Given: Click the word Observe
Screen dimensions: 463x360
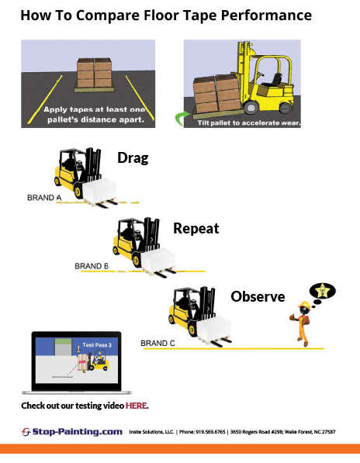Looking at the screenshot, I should [258, 296].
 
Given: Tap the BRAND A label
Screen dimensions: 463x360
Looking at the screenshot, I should [43, 198].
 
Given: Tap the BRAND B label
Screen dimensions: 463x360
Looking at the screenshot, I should [92, 266].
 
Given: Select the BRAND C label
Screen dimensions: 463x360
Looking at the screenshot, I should [157, 343].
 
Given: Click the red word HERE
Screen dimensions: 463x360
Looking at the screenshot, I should [136, 406].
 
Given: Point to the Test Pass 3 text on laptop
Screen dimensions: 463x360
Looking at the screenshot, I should [97, 344].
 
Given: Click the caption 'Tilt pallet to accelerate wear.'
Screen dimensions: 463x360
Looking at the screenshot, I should [247, 123].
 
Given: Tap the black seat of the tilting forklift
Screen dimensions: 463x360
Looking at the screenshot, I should [274, 81].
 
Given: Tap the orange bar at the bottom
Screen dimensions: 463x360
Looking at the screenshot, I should [180, 448].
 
